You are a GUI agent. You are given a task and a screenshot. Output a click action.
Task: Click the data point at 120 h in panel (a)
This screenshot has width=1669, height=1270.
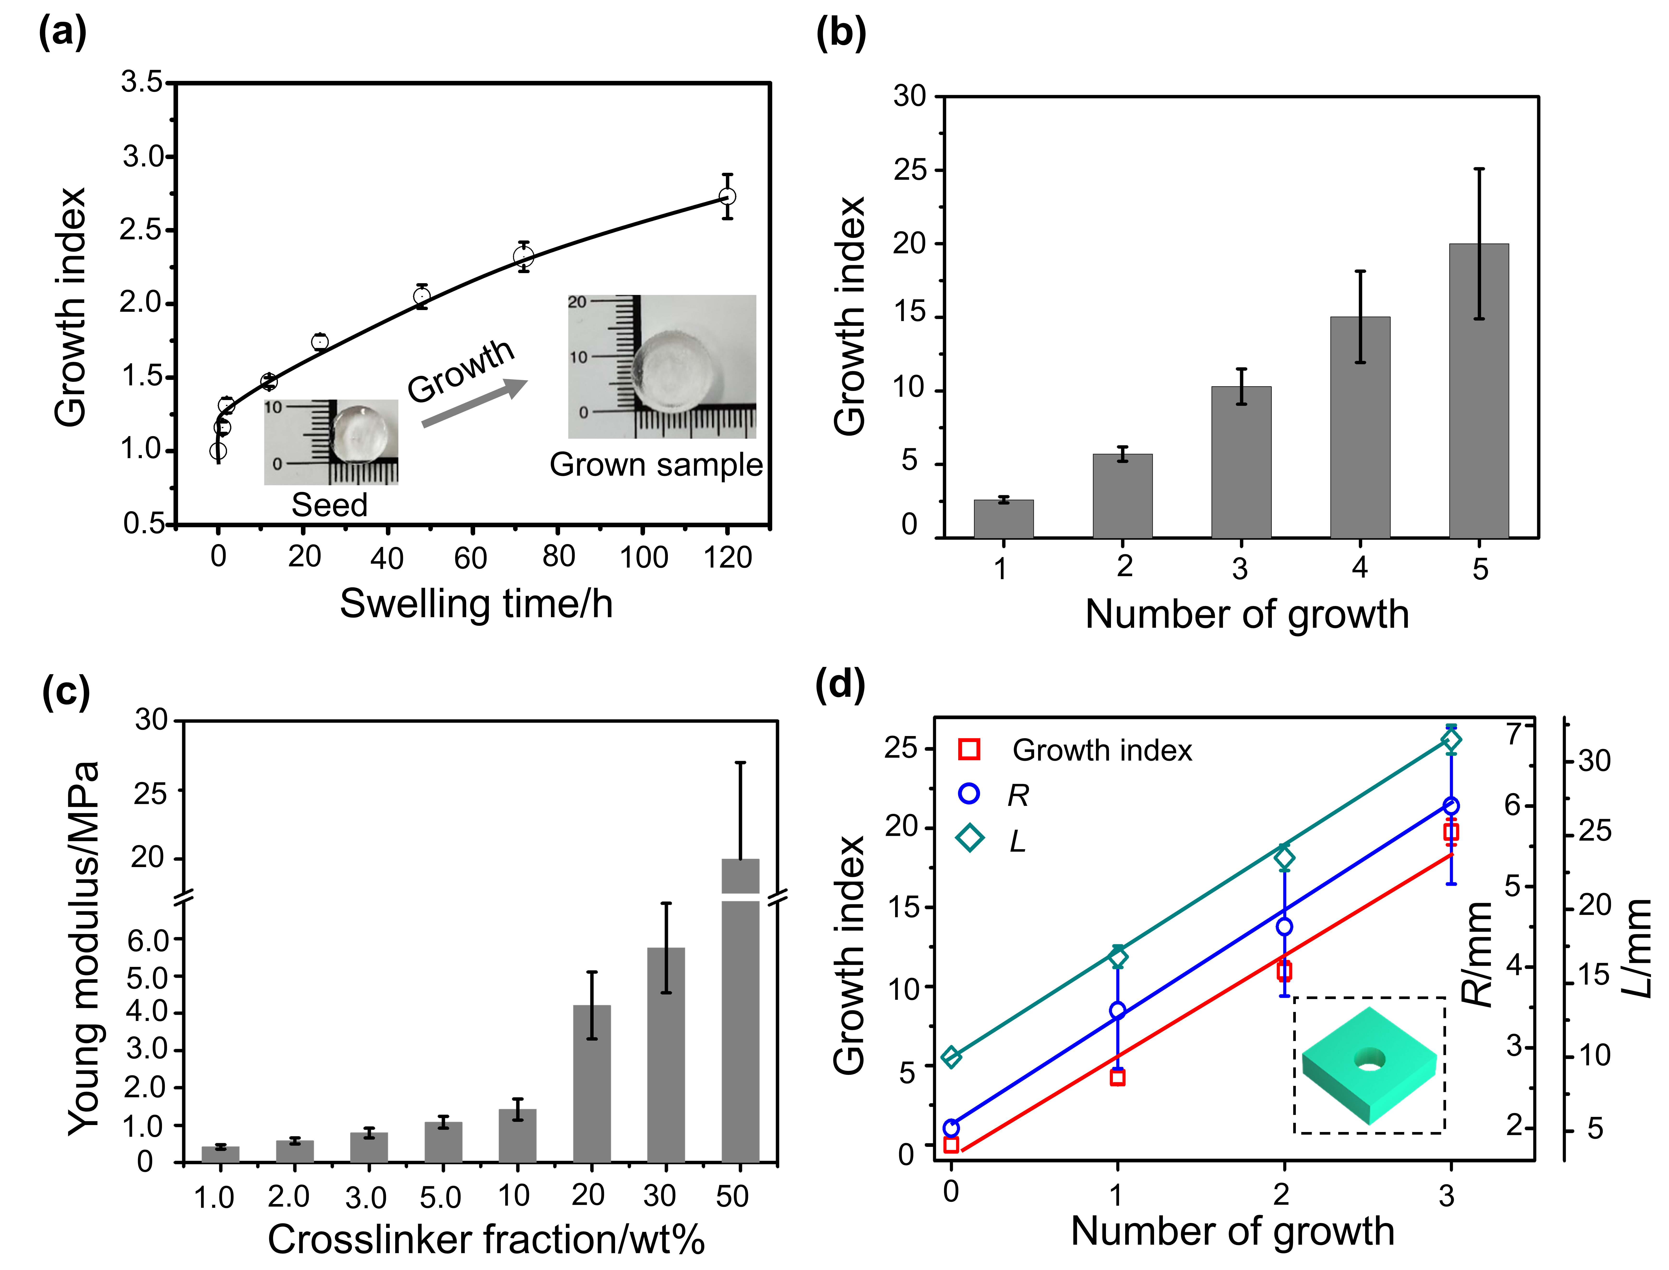727,197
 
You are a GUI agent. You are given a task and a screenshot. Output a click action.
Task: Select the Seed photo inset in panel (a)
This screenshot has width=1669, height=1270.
331,442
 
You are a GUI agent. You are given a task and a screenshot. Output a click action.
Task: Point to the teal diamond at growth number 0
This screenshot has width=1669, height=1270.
952,1057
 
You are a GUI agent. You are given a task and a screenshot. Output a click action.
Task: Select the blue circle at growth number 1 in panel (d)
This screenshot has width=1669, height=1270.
1117,1011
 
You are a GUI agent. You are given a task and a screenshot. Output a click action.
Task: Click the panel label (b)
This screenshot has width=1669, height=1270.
841,34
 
